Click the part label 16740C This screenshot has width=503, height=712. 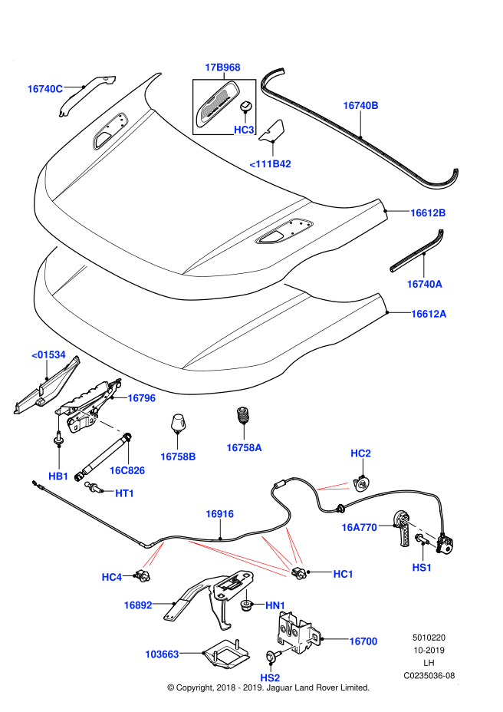(x=44, y=89)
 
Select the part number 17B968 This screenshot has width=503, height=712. (x=222, y=68)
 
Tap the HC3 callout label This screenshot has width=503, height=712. (x=244, y=130)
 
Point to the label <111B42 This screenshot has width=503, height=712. (x=270, y=163)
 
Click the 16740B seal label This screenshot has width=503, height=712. (x=360, y=105)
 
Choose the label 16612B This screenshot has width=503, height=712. (x=428, y=213)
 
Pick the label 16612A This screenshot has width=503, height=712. (x=428, y=314)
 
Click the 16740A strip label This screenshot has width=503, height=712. (x=424, y=284)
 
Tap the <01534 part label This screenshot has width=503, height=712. (x=48, y=354)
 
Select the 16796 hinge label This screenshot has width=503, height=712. (x=141, y=398)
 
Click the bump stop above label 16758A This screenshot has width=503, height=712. (x=243, y=417)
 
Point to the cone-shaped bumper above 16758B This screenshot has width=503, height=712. (x=178, y=423)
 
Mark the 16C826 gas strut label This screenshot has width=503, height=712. (x=127, y=470)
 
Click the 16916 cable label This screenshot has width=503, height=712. (x=219, y=514)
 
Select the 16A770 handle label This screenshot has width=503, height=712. (x=359, y=527)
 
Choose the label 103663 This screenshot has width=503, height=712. (x=162, y=654)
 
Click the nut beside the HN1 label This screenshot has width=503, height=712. (x=245, y=607)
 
